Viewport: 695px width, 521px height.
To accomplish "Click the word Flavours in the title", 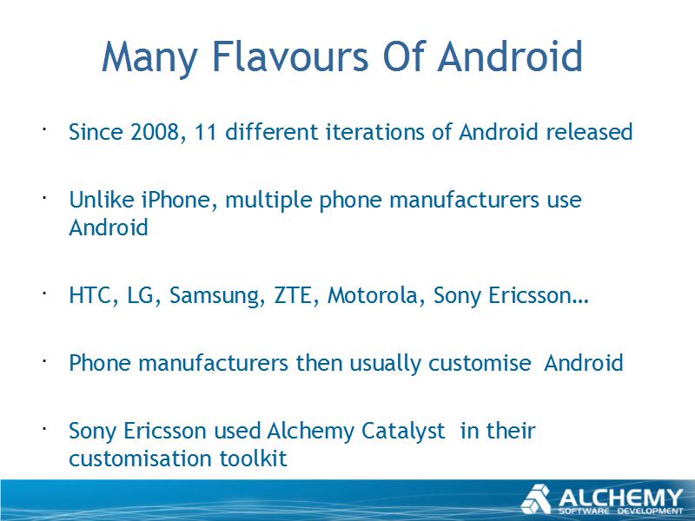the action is coord(291,56).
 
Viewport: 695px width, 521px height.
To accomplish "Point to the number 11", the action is coord(205,132).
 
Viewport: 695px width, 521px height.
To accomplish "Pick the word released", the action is coord(589,132).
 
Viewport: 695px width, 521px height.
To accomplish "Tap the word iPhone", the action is coord(176,200).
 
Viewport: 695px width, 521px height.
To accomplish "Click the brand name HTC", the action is coord(91,295).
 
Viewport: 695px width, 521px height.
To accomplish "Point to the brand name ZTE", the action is coord(294,295).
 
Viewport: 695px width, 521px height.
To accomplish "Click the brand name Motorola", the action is coord(372,295).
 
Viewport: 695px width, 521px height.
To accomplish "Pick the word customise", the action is coord(480,364).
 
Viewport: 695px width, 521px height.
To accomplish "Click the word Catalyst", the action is coord(403,432).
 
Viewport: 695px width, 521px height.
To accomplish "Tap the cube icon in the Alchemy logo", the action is coord(536,499).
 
